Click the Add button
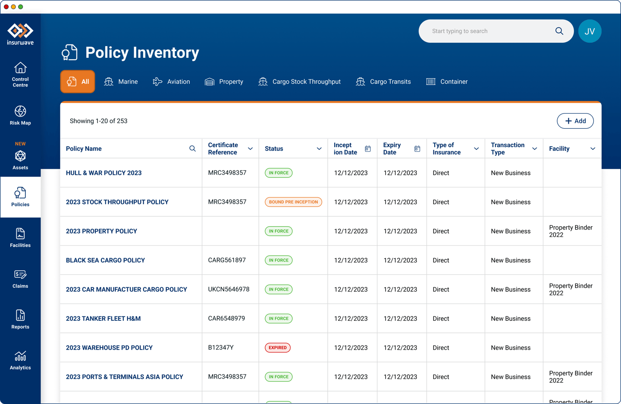(575, 121)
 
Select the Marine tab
(121, 82)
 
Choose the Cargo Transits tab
(383, 82)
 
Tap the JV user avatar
(590, 31)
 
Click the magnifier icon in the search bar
(559, 31)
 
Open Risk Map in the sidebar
(20, 115)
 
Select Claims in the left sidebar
(20, 279)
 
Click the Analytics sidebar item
(20, 360)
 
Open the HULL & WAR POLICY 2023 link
(103, 173)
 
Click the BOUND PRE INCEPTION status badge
(293, 202)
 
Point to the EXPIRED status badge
(278, 347)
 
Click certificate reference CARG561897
(227, 260)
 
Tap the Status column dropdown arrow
(319, 148)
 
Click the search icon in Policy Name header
(192, 148)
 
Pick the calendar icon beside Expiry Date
(417, 148)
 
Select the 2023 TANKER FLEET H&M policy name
(103, 319)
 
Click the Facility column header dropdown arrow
(593, 148)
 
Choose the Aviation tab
(171, 82)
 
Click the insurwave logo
(20, 34)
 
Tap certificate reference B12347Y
(221, 347)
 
